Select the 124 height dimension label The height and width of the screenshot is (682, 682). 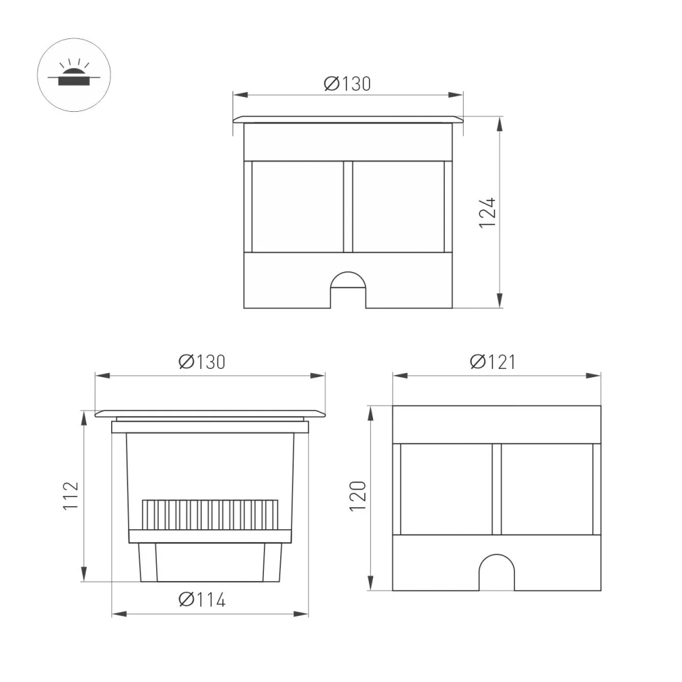487,212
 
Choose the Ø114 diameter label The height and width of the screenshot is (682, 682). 202,600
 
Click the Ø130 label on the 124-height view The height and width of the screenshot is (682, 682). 348,84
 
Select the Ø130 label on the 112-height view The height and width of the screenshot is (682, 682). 202,361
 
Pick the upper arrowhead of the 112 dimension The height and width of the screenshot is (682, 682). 84,417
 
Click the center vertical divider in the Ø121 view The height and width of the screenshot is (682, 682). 496,489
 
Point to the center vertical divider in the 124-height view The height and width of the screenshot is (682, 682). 348,207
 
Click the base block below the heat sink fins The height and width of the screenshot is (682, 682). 210,563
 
